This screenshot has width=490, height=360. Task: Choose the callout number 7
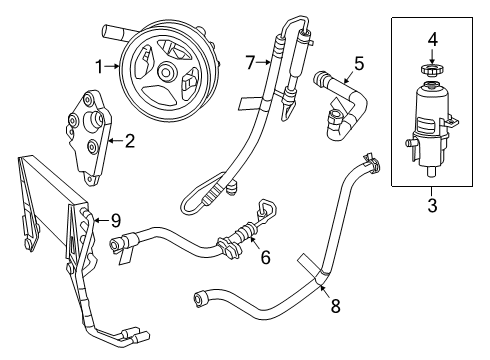pyautogui.click(x=253, y=63)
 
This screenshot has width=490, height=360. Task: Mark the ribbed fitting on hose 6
pyautogui.click(x=231, y=242)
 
